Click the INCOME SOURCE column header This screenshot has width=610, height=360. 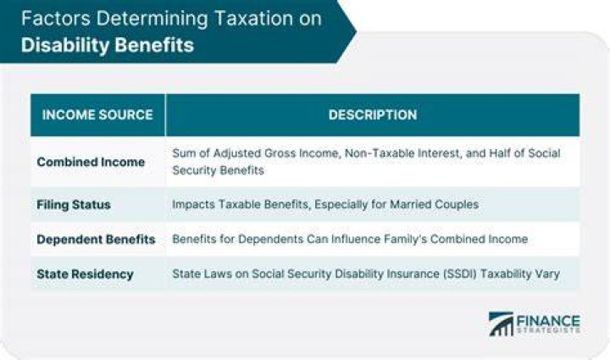[97, 114]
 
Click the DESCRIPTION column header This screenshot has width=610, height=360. [373, 114]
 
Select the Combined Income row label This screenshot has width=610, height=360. [91, 162]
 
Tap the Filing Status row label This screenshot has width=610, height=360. [74, 204]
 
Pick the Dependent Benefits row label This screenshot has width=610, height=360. [96, 239]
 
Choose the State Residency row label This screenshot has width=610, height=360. [85, 274]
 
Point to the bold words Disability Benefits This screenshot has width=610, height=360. [108, 45]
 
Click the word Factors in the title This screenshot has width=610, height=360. [56, 19]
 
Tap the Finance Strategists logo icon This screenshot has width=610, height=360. [501, 324]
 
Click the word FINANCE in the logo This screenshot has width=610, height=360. [548, 321]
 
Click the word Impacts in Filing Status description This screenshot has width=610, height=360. [193, 204]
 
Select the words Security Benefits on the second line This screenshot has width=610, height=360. [219, 170]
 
